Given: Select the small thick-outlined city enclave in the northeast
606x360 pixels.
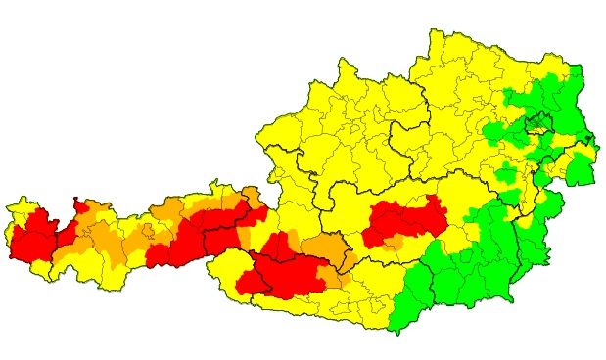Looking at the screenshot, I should tap(537, 123).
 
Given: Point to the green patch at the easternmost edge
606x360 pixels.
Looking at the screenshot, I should tap(583, 170).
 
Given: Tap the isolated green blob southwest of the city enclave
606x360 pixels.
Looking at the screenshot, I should tap(505, 175).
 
